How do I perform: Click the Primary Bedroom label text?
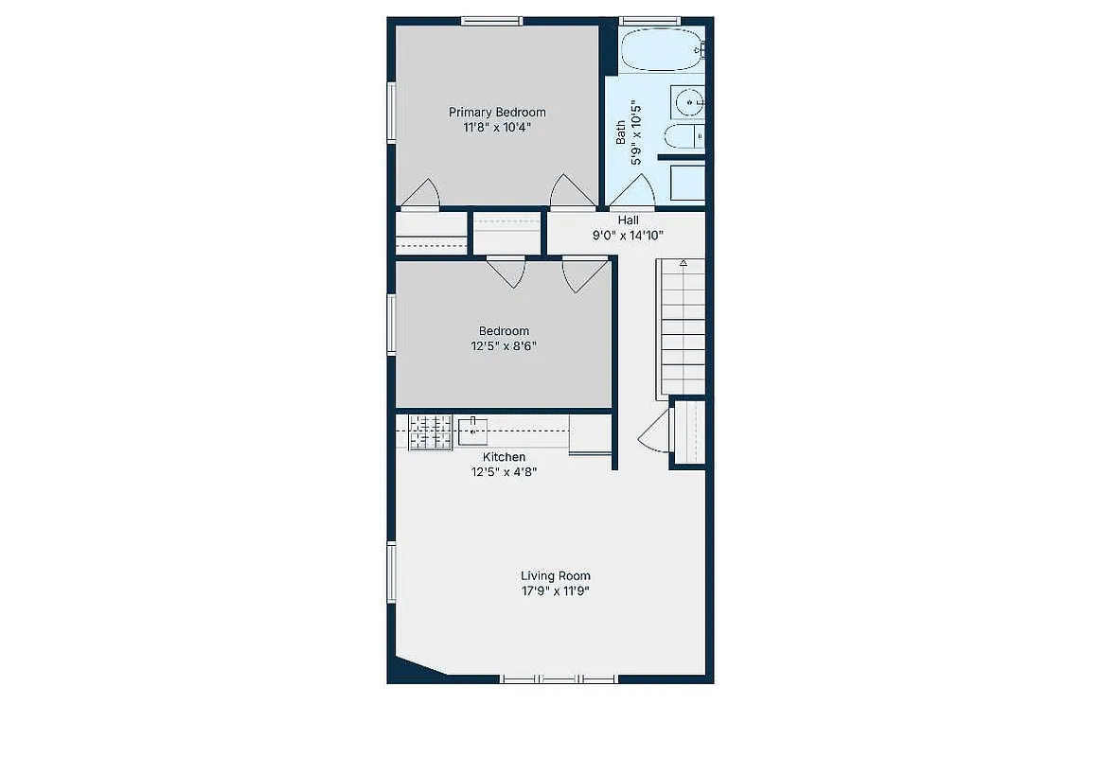(x=497, y=112)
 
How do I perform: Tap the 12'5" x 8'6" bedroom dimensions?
(x=503, y=345)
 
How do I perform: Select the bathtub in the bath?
(x=662, y=49)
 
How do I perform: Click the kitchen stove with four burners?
(x=430, y=431)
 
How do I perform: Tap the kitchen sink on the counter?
(x=472, y=431)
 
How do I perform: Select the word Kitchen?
(x=503, y=457)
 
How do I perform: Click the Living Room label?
(x=555, y=575)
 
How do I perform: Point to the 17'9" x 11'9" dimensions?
(x=555, y=591)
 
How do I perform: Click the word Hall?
(x=629, y=220)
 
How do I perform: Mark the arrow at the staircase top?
(x=683, y=263)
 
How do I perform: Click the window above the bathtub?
(x=649, y=20)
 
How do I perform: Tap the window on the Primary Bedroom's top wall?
(x=491, y=20)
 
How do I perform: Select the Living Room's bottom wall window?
(x=559, y=678)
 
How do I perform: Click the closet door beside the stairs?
(x=655, y=435)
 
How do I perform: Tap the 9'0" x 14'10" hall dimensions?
(x=629, y=236)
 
